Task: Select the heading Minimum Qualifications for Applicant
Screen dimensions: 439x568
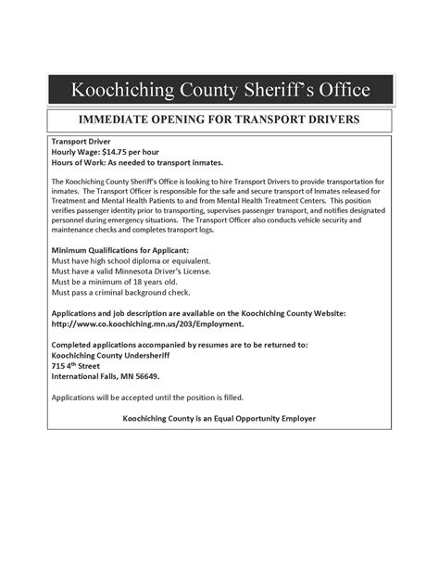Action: tap(119, 251)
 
